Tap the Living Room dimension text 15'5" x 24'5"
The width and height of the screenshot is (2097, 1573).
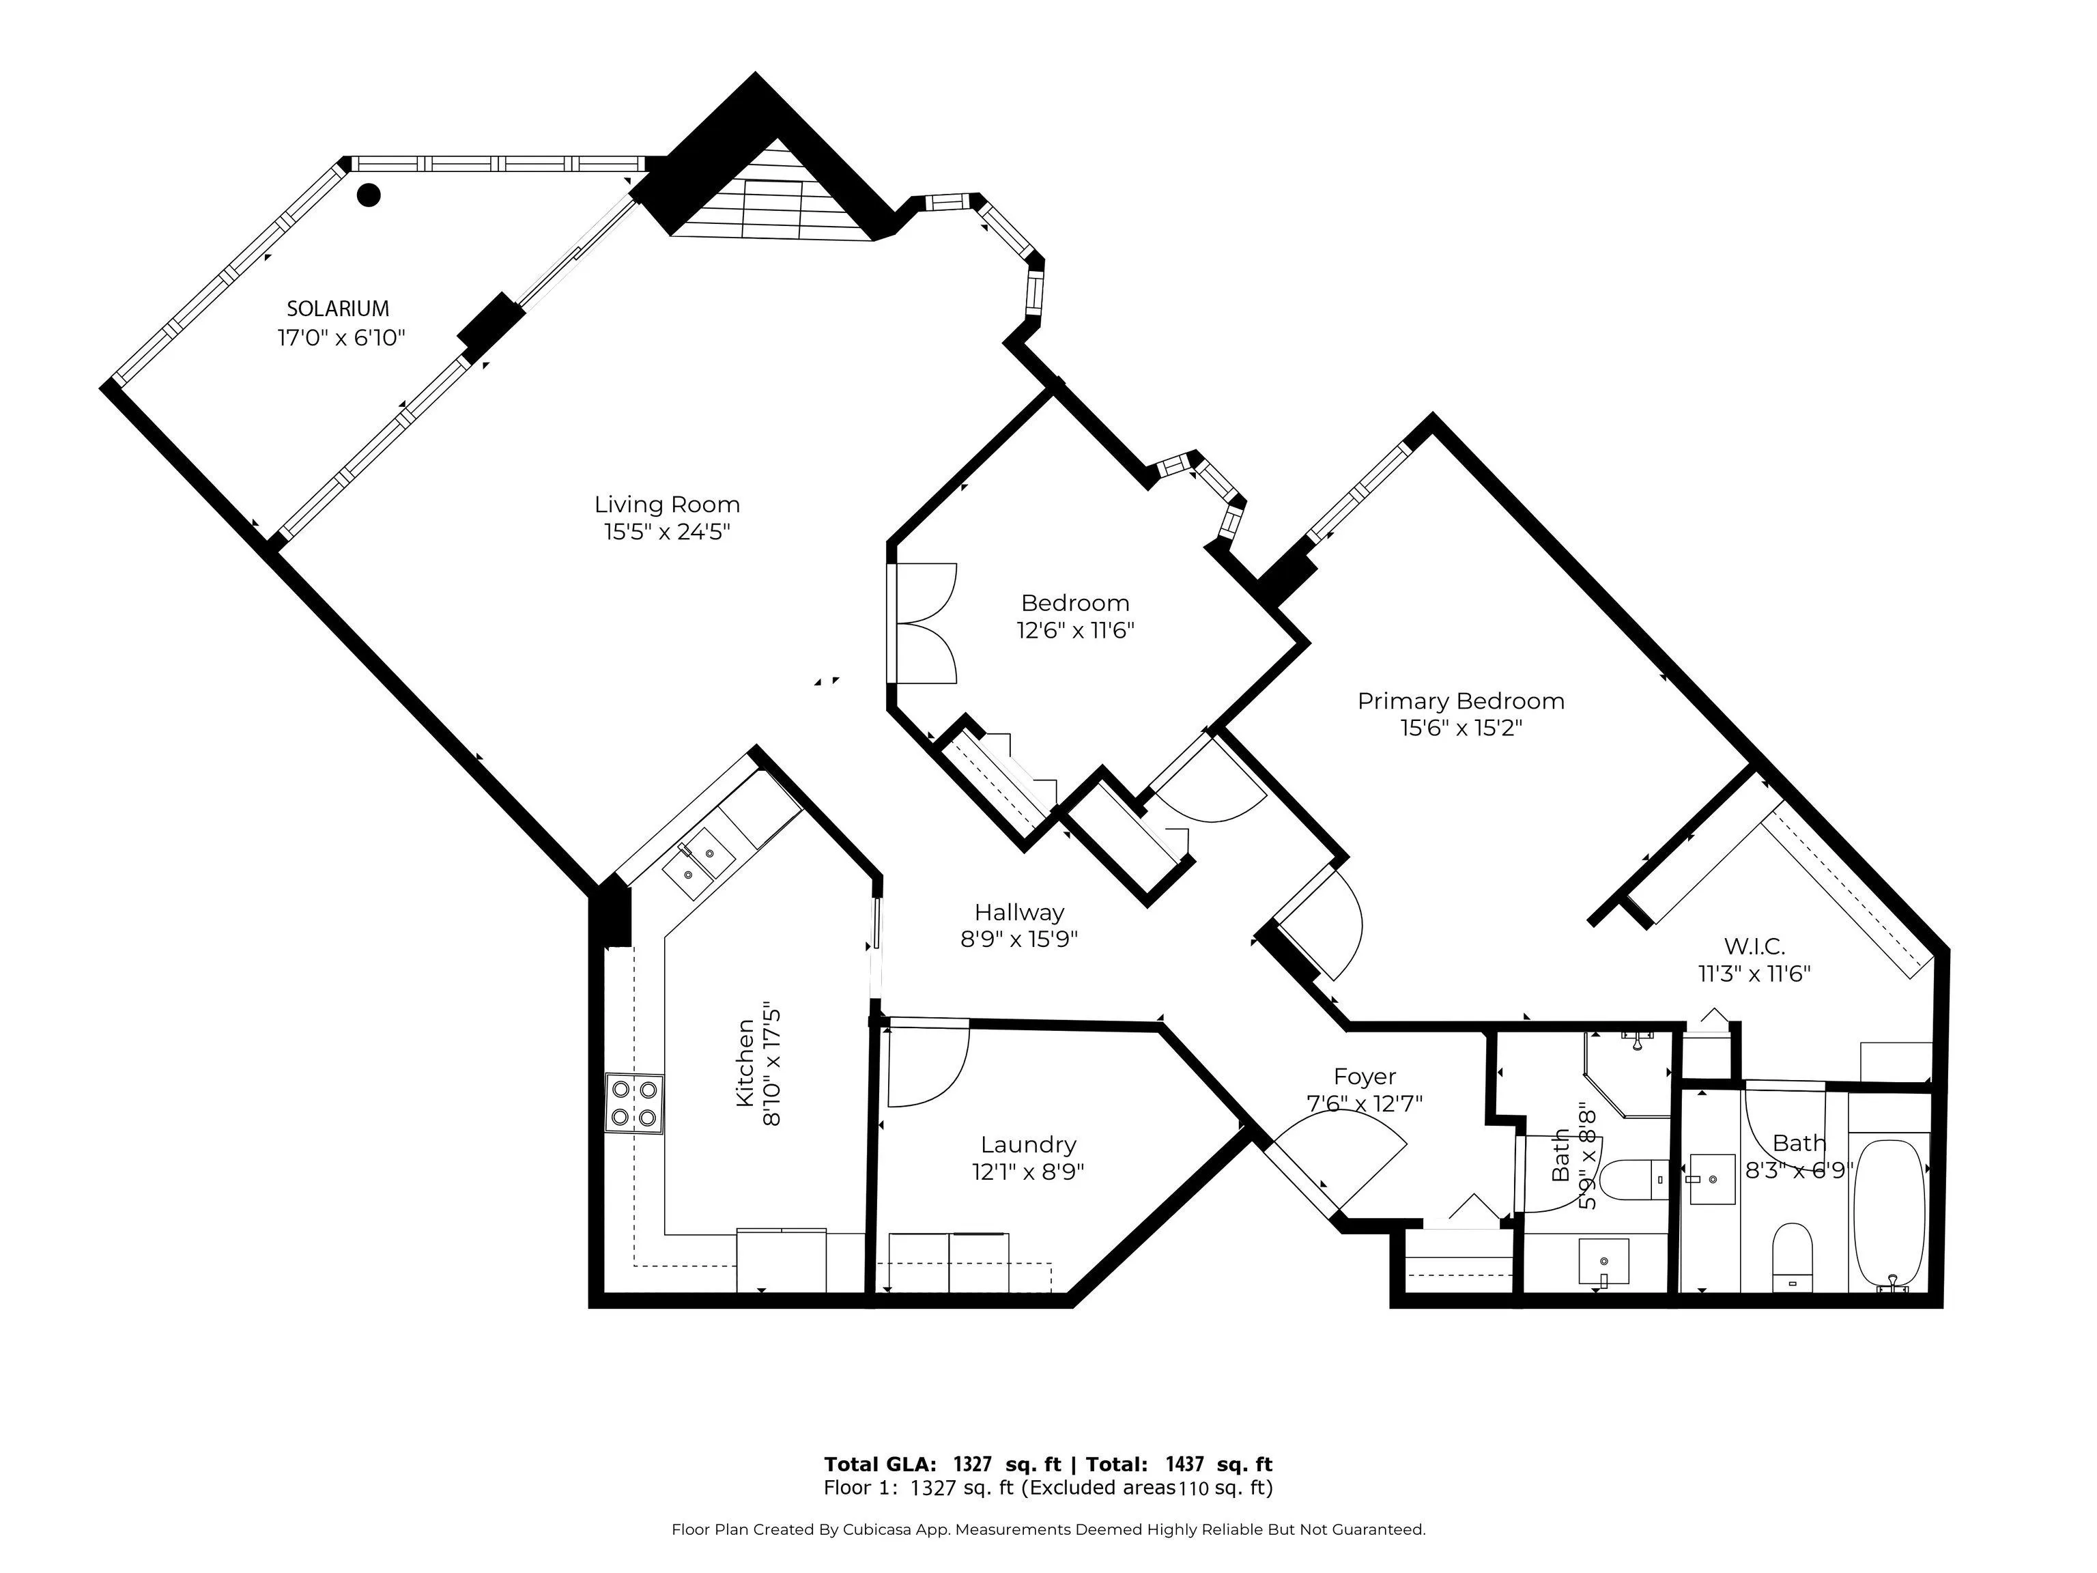[x=668, y=532]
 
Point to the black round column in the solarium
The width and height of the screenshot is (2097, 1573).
[x=369, y=195]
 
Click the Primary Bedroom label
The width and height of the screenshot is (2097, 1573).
[x=1461, y=702]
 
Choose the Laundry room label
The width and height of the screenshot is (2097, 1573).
[x=1029, y=1146]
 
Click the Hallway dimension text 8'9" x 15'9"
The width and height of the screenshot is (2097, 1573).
[x=1019, y=939]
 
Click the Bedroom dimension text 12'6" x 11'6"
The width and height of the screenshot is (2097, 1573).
[x=1075, y=631]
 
